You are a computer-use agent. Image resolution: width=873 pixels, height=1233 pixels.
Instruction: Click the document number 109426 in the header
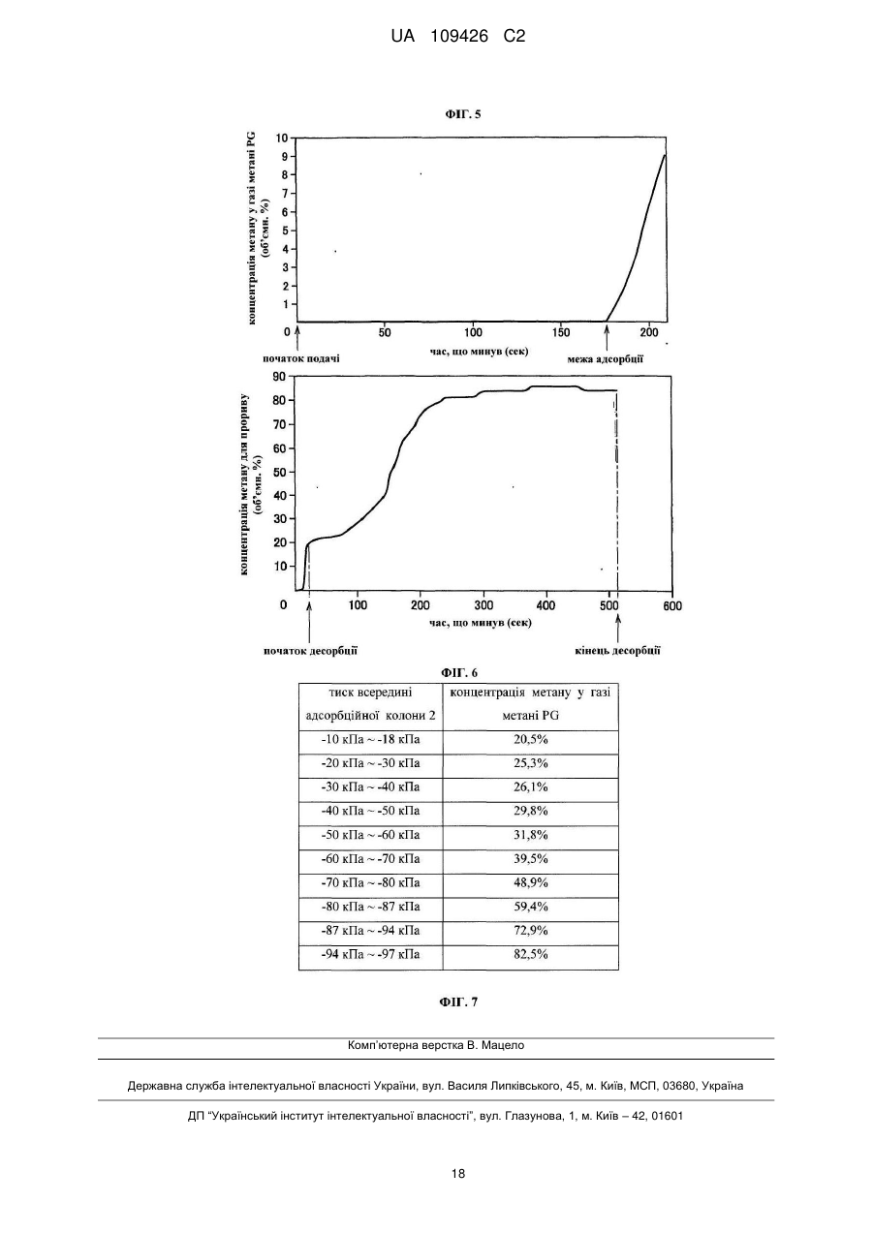[459, 37]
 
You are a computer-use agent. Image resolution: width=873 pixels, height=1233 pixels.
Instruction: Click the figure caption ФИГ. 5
[463, 114]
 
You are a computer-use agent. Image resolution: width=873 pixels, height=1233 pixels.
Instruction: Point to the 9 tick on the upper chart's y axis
[285, 156]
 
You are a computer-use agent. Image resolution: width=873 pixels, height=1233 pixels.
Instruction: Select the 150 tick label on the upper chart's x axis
[561, 332]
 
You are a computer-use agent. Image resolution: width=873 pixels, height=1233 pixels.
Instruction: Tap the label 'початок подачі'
[300, 359]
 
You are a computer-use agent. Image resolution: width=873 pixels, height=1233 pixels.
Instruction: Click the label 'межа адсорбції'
[606, 359]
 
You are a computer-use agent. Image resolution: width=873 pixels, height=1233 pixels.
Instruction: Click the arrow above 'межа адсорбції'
[607, 337]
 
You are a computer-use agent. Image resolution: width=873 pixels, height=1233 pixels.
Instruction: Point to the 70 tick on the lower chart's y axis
[280, 424]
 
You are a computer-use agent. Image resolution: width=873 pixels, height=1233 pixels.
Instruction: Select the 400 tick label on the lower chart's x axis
[546, 605]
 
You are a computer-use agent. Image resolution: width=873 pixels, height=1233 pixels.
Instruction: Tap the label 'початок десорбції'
[310, 651]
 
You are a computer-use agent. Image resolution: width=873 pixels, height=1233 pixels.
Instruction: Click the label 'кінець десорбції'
[617, 651]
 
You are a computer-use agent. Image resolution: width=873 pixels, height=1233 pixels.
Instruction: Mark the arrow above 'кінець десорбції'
[618, 628]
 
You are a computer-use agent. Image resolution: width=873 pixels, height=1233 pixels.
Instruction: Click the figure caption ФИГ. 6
[459, 672]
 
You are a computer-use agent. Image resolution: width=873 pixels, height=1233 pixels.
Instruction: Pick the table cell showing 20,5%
[531, 739]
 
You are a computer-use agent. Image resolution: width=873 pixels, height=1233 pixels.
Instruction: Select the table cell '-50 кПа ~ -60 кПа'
[370, 835]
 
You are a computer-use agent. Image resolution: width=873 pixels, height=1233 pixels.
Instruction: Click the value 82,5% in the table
[531, 954]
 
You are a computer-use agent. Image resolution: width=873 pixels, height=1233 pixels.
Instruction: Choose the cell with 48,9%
[531, 883]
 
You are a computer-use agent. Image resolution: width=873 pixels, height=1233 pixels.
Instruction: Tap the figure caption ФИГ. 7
[459, 1002]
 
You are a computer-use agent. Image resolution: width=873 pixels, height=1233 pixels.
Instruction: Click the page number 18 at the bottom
[458, 1174]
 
